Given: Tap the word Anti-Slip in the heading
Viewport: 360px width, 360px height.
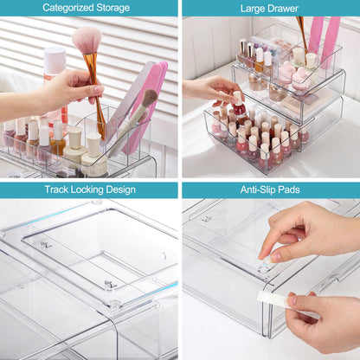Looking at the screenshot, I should [x=257, y=190].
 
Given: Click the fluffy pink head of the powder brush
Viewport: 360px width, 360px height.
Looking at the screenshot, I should [x=87, y=39].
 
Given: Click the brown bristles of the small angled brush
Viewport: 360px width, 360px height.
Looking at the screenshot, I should [x=149, y=97].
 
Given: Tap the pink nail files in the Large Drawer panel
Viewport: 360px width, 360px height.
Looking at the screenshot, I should [x=322, y=39].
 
